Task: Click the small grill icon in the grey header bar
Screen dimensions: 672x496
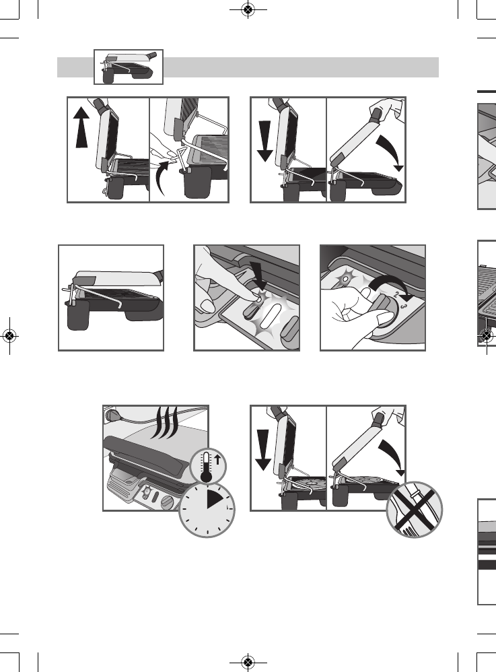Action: [128, 66]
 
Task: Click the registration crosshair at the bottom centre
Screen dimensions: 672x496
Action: [248, 662]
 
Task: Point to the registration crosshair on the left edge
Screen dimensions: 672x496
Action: [9, 335]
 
